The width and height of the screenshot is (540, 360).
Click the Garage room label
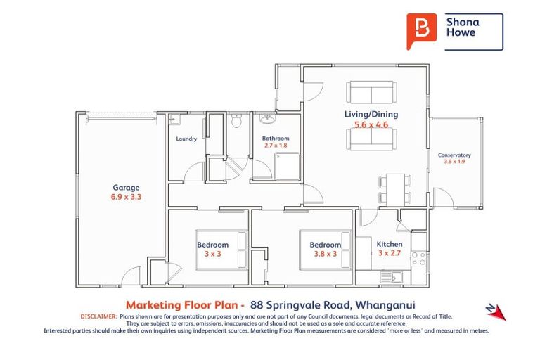pyautogui.click(x=126, y=188)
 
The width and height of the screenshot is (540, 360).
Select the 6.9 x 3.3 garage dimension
pyautogui.click(x=126, y=198)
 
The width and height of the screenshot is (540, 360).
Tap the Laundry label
pyautogui.click(x=186, y=139)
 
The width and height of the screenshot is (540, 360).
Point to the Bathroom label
pyautogui.click(x=276, y=139)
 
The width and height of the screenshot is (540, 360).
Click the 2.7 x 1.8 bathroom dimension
pyautogui.click(x=276, y=146)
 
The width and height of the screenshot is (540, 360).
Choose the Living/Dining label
pyautogui.click(x=371, y=114)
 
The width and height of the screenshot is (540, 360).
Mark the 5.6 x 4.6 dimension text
pyautogui.click(x=371, y=124)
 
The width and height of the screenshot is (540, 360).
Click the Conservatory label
pyautogui.click(x=454, y=155)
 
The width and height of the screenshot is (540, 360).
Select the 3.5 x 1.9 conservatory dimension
pyautogui.click(x=454, y=162)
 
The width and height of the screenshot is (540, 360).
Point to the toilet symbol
pyautogui.click(x=237, y=122)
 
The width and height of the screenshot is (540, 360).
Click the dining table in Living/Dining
pyautogui.click(x=394, y=189)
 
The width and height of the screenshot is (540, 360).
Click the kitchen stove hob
pyautogui.click(x=418, y=258)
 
